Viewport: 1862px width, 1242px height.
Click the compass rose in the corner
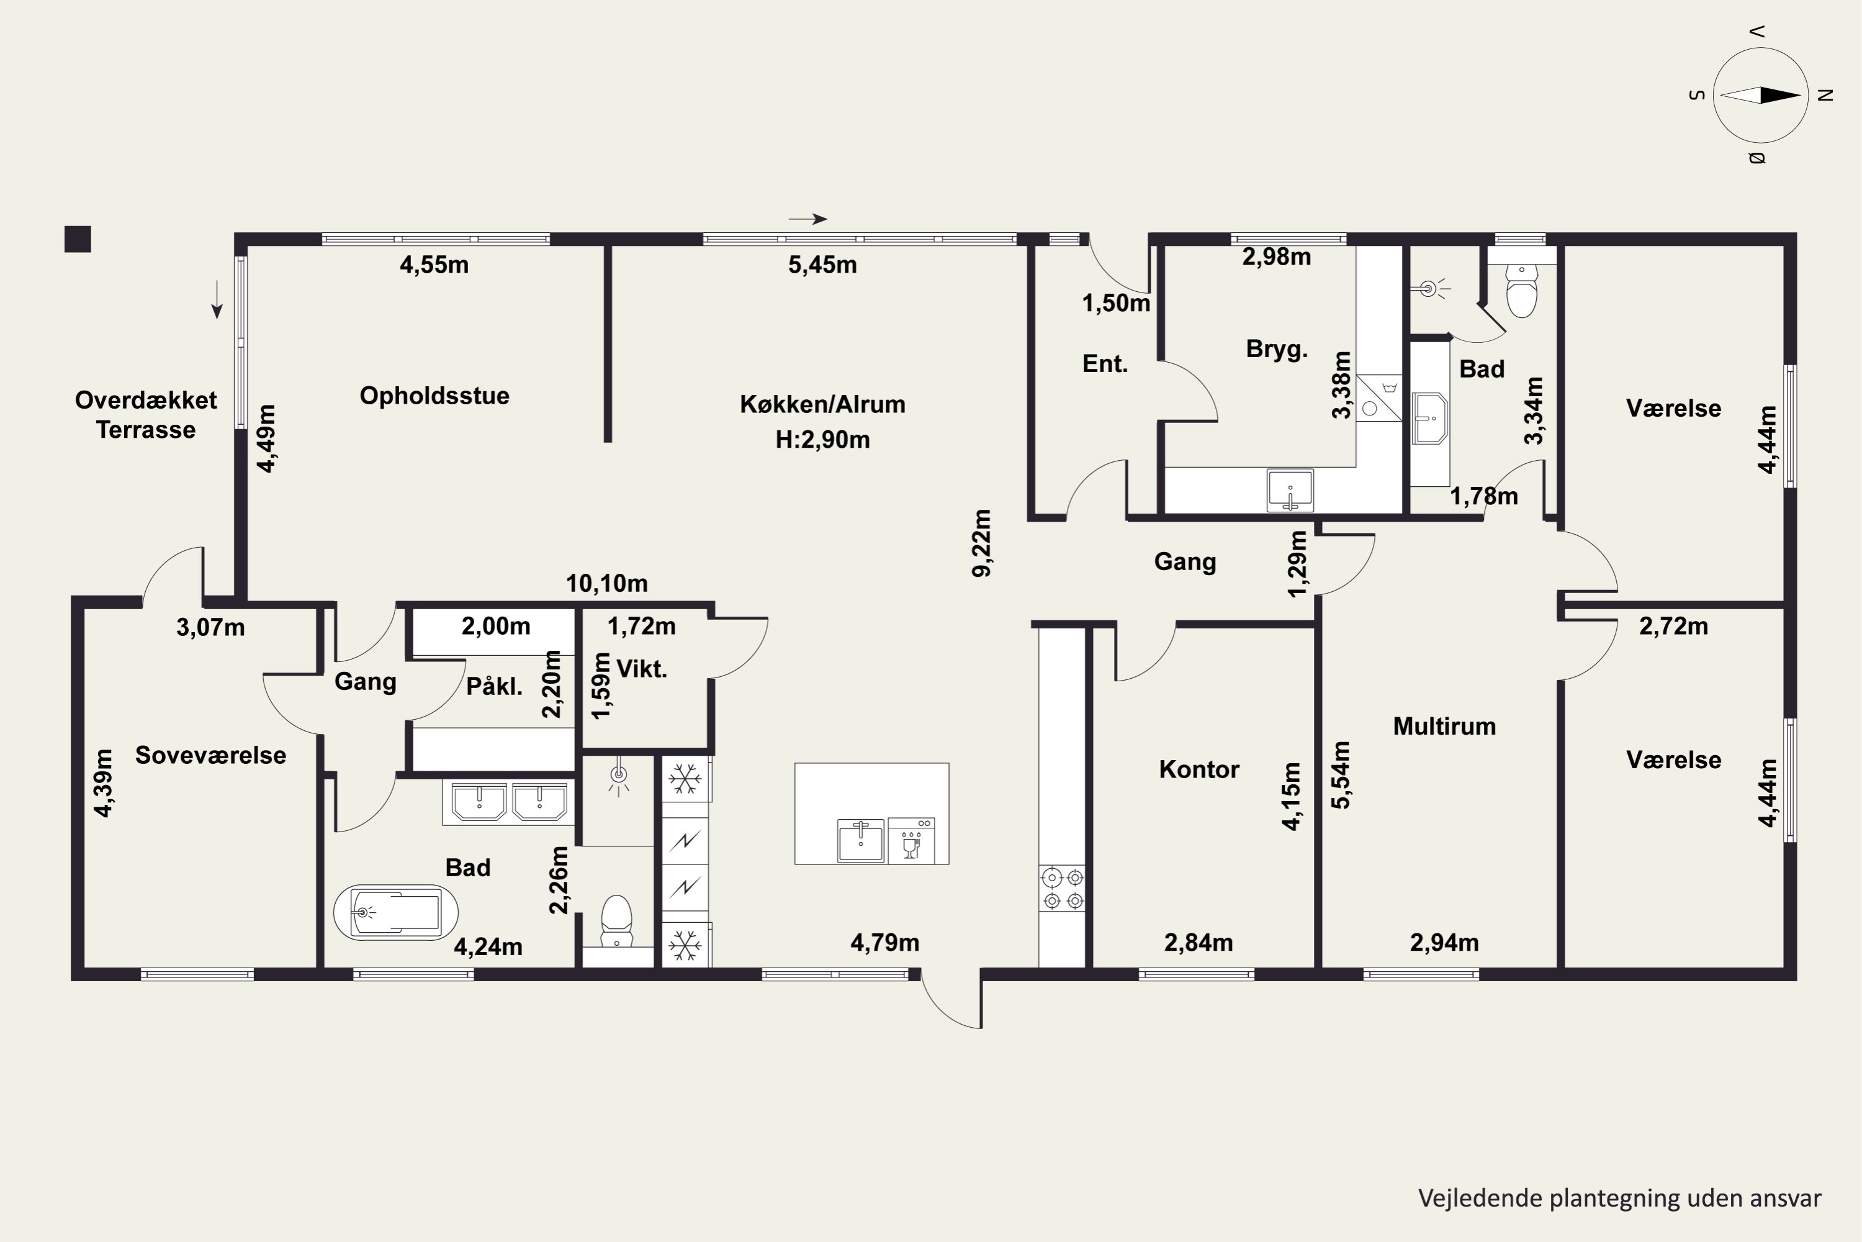[1761, 95]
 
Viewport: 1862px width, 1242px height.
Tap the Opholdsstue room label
[434, 395]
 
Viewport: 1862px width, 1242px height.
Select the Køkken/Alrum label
[822, 404]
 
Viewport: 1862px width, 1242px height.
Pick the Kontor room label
[1199, 769]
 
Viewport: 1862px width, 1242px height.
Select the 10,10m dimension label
[606, 583]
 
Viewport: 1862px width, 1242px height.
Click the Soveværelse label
[210, 755]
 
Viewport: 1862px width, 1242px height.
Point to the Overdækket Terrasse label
[146, 414]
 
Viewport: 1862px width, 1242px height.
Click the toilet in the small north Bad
[1521, 291]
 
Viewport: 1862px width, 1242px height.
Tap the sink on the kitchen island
[860, 840]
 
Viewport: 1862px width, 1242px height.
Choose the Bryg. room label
[1276, 348]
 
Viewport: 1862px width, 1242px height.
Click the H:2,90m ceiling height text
[822, 439]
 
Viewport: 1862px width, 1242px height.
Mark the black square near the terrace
[78, 239]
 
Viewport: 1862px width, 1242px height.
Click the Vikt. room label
[641, 669]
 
